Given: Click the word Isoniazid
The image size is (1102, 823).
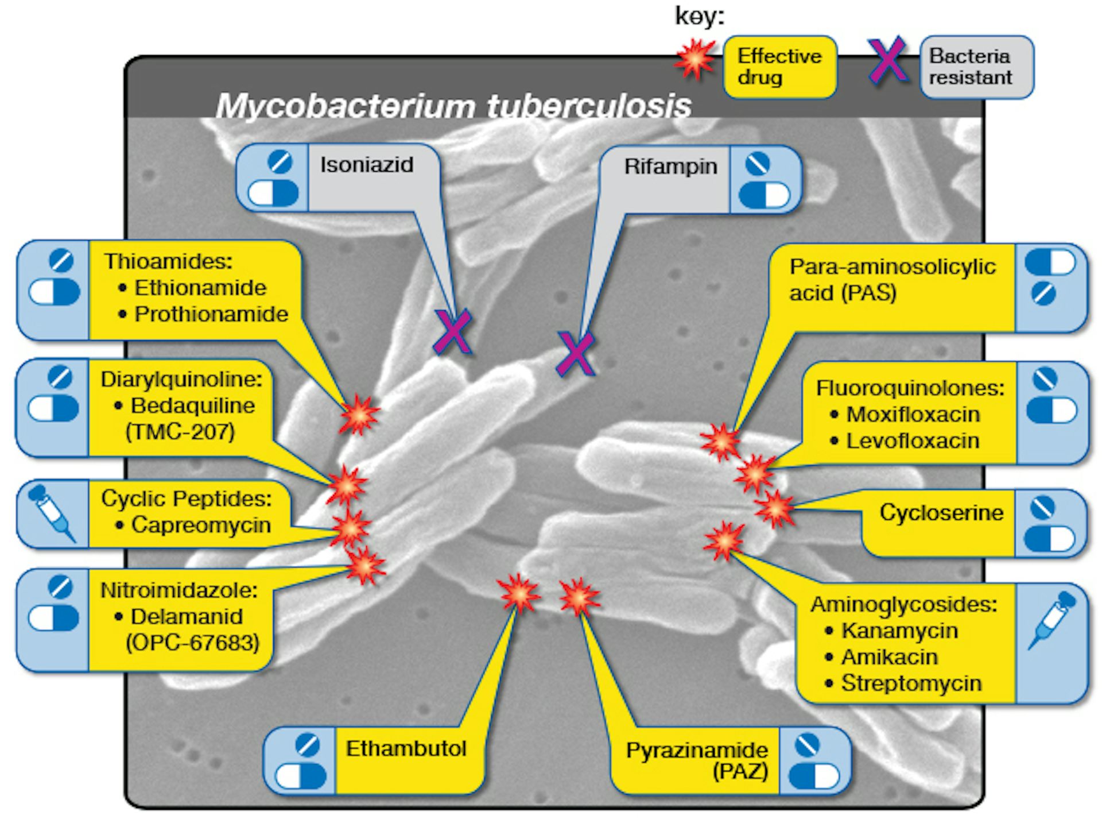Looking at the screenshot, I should (x=366, y=165).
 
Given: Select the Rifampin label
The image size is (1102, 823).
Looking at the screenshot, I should (x=670, y=167).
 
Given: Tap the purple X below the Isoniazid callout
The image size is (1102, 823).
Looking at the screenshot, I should (x=453, y=332).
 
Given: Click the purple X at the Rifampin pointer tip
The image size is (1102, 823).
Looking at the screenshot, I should (x=576, y=354).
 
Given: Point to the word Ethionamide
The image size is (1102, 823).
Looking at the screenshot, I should (x=200, y=288).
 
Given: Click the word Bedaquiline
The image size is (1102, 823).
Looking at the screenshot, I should (x=192, y=406).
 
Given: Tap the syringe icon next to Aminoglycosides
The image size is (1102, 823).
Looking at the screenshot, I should (x=1051, y=620).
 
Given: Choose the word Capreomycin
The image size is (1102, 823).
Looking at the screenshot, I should (x=201, y=525).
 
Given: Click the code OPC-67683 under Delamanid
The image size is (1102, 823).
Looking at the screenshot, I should (x=192, y=643).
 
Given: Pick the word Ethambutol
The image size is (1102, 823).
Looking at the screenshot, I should (x=406, y=749).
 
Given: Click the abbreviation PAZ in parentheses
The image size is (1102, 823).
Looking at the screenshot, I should (x=740, y=771).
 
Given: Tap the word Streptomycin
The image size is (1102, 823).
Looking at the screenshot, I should (x=911, y=683).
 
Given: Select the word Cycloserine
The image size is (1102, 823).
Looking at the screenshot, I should (x=941, y=512).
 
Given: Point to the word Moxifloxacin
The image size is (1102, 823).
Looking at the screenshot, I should (x=913, y=415).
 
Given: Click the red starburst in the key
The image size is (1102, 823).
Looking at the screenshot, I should (x=695, y=59).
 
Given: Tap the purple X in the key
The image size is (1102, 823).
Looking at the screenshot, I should (x=887, y=60).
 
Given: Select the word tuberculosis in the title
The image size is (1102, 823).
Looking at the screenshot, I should (x=589, y=106).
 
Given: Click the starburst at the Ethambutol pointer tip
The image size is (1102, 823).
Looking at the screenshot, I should (x=519, y=594).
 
